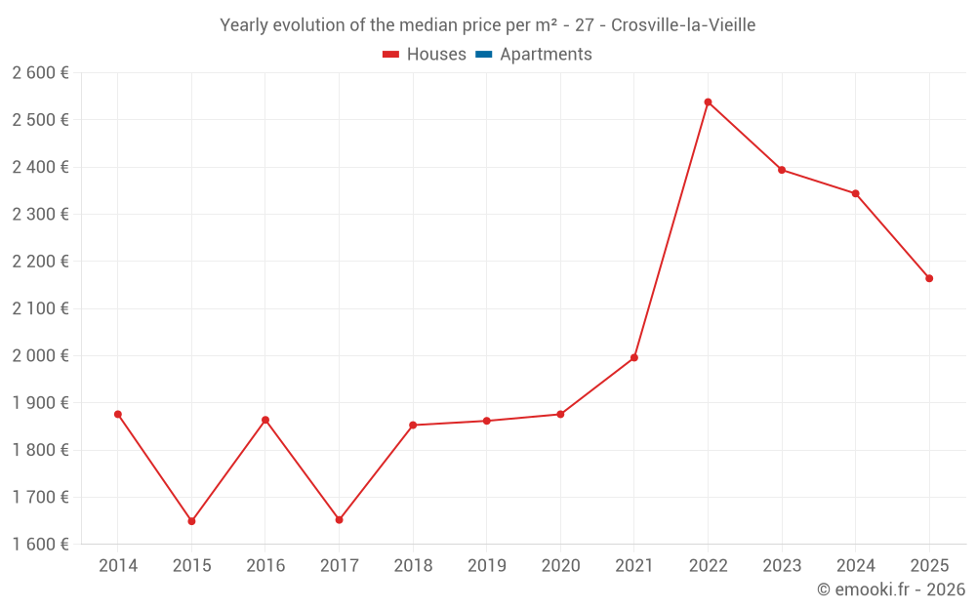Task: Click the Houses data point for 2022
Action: pyautogui.click(x=708, y=102)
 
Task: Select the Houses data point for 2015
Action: pyautogui.click(x=191, y=521)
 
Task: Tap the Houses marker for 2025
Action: pyautogui.click(x=929, y=278)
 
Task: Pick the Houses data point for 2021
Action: pyautogui.click(x=634, y=357)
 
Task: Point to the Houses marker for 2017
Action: pyautogui.click(x=339, y=520)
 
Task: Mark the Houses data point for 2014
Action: pyautogui.click(x=118, y=414)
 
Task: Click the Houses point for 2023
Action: pyautogui.click(x=782, y=170)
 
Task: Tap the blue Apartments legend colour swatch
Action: pyautogui.click(x=483, y=55)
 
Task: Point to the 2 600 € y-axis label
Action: pyautogui.click(x=40, y=72)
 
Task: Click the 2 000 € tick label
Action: pyautogui.click(x=40, y=355)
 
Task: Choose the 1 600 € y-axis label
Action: pyautogui.click(x=40, y=544)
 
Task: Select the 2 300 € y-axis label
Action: pyautogui.click(x=40, y=214)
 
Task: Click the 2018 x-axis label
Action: pyautogui.click(x=413, y=566)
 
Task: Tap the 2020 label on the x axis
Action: pyautogui.click(x=560, y=566)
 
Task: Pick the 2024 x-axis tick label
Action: pyautogui.click(x=855, y=566)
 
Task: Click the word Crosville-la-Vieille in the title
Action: pyautogui.click(x=683, y=25)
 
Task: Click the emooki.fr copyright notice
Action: pyautogui.click(x=891, y=590)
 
